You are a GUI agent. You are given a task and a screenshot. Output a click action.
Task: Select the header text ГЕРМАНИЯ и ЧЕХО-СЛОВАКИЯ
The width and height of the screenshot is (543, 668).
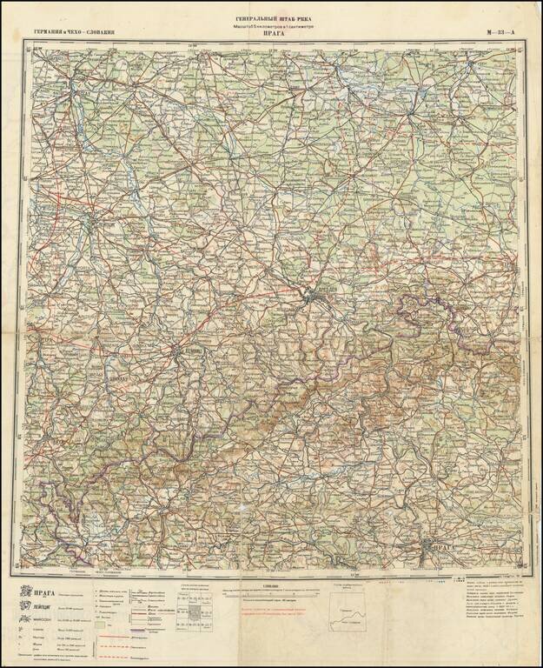[x=74, y=33]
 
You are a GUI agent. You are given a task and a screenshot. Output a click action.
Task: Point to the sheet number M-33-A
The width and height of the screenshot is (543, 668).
[x=501, y=33]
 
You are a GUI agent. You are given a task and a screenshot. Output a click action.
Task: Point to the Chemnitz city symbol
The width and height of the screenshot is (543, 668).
[x=178, y=352]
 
